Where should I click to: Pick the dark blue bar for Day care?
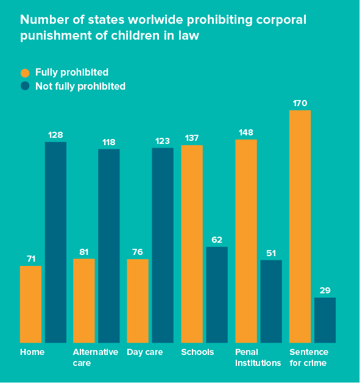[163, 245]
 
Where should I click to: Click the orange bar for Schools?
[192, 243]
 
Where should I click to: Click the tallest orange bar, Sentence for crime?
[300, 226]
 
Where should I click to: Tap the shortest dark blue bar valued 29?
[325, 320]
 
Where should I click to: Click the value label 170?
[300, 103]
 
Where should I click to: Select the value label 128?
[55, 135]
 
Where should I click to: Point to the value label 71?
[30, 259]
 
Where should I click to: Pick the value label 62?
[217, 240]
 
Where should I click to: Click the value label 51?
[270, 253]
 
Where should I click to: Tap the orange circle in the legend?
[25, 73]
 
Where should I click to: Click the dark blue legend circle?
[25, 86]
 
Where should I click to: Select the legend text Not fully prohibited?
[80, 86]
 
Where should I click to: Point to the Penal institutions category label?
[258, 357]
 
